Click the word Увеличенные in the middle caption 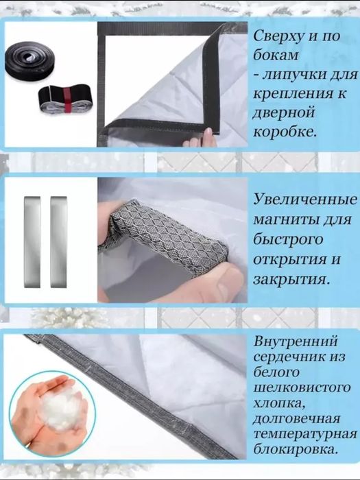(305, 200)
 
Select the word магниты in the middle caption (281, 220)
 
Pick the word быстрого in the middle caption (282, 241)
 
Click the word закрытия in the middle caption (289, 280)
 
